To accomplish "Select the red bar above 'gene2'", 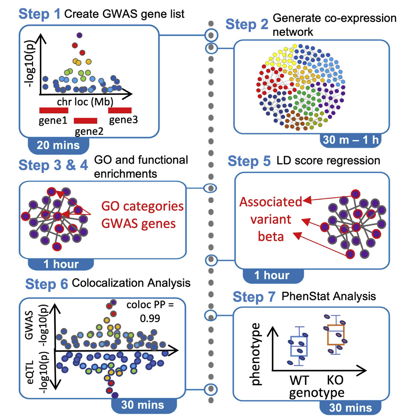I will [x=85, y=121].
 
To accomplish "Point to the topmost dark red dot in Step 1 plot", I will [x=78, y=36].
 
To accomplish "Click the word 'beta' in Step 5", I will [x=270, y=237].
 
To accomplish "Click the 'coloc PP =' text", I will [x=149, y=304].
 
